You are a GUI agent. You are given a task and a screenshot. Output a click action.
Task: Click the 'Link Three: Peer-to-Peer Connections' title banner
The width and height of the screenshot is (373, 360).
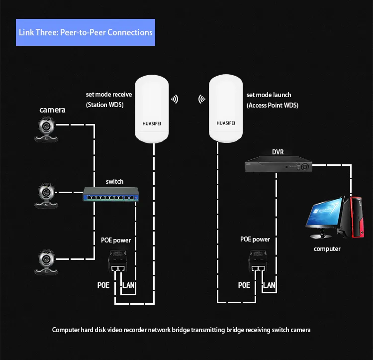tap(85, 32)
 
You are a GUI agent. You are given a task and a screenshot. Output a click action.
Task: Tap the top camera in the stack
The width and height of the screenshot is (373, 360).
tap(47, 128)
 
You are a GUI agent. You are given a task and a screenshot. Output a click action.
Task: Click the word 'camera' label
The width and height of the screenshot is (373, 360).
tap(53, 110)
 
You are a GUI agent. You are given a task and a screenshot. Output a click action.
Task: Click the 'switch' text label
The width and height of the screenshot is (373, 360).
tap(114, 181)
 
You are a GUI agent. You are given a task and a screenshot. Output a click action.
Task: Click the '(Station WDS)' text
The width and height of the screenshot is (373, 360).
tap(104, 105)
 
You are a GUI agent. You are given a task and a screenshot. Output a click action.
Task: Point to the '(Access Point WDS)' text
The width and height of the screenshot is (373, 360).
tap(273, 105)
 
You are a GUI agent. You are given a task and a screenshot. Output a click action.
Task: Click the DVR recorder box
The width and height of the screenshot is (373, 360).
tap(278, 164)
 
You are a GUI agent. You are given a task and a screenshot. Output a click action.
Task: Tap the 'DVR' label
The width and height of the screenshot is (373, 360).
tap(278, 152)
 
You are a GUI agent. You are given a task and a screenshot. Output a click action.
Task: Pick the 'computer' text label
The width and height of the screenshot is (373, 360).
tap(327, 248)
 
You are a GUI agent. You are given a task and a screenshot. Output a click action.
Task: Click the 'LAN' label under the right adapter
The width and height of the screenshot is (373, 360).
tap(269, 285)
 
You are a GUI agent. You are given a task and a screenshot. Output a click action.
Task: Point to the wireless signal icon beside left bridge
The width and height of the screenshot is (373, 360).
tap(175, 99)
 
